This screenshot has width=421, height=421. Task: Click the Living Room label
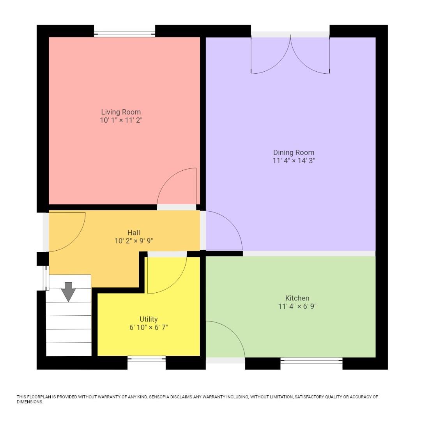click(x=121, y=112)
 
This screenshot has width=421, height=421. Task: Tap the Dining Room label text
click(x=294, y=152)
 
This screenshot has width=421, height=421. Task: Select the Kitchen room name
click(x=297, y=298)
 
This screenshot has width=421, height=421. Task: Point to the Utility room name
click(x=149, y=319)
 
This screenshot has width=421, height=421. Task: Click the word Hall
click(x=134, y=233)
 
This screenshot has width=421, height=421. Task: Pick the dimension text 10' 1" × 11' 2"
click(x=121, y=120)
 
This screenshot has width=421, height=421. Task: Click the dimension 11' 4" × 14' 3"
click(x=294, y=161)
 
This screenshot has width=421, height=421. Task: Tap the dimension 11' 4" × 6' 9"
click(x=297, y=306)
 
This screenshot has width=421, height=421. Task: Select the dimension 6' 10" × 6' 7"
click(x=149, y=327)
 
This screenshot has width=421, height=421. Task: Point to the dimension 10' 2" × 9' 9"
click(x=134, y=241)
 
